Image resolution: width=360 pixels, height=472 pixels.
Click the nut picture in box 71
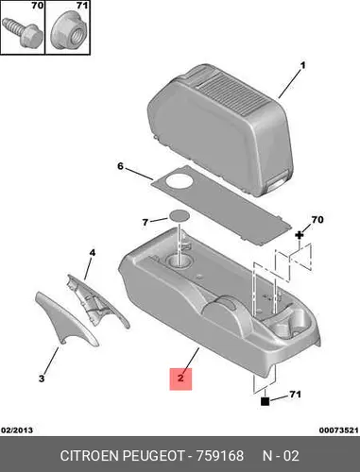68,30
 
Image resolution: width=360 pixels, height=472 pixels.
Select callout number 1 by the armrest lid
302,65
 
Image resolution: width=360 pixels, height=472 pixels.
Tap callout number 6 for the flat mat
120,166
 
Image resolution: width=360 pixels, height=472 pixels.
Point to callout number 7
145,223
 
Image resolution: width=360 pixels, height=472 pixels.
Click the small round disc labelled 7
180,216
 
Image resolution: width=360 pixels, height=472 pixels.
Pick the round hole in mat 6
179,181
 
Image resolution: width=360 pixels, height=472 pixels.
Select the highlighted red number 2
180,379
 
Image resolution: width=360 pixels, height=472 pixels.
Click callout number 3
42,379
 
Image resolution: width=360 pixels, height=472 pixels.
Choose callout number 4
92,253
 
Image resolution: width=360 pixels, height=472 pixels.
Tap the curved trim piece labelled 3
66,319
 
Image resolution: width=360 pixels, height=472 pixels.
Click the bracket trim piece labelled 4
97,302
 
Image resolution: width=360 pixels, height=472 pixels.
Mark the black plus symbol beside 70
299,235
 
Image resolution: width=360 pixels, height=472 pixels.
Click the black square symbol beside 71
266,401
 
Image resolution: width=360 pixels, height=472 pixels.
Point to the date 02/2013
17,430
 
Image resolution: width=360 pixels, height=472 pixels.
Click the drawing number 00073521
339,430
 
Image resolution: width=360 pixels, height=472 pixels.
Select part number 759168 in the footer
220,456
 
